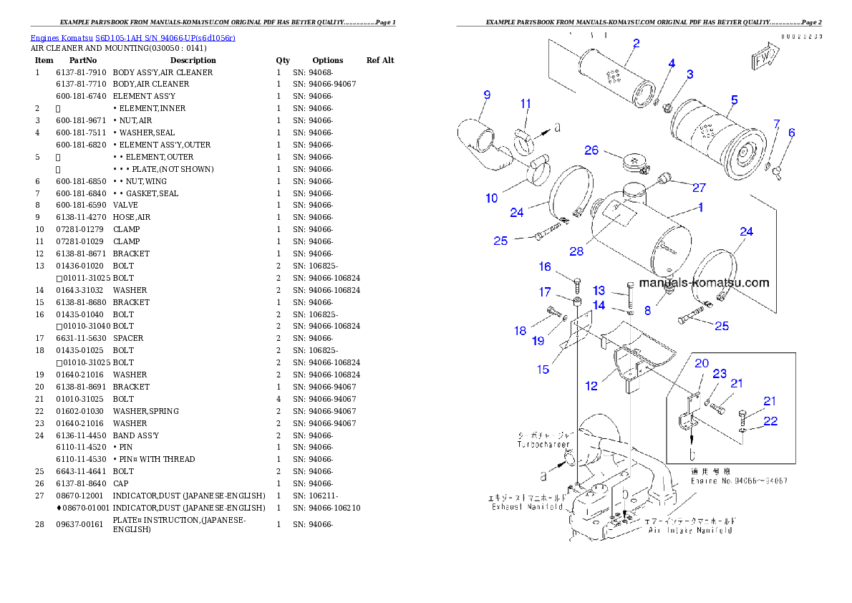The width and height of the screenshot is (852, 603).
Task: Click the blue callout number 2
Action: [x=636, y=42]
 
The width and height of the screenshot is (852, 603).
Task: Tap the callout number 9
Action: [x=487, y=95]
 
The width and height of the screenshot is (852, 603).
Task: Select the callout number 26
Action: [x=591, y=150]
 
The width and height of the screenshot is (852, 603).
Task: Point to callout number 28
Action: [x=577, y=251]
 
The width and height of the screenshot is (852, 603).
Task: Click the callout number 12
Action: [x=591, y=386]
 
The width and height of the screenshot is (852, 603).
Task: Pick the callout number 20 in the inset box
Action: [x=702, y=363]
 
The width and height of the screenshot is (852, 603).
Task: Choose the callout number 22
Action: [x=770, y=421]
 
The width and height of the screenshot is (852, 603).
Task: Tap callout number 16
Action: [x=546, y=266]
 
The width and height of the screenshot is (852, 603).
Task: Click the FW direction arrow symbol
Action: [x=765, y=58]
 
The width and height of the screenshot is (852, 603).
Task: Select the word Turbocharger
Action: [x=545, y=445]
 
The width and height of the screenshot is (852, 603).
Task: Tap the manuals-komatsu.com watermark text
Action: [x=704, y=282]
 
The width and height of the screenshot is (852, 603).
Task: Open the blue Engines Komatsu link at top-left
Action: [x=132, y=37]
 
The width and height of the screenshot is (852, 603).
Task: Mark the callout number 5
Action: [x=735, y=100]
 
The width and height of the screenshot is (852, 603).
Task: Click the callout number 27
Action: [x=699, y=188]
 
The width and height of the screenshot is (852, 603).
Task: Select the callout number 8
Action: [x=647, y=310]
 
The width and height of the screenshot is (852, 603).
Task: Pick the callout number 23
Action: [x=720, y=374]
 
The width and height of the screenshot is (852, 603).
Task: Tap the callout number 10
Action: [x=492, y=198]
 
